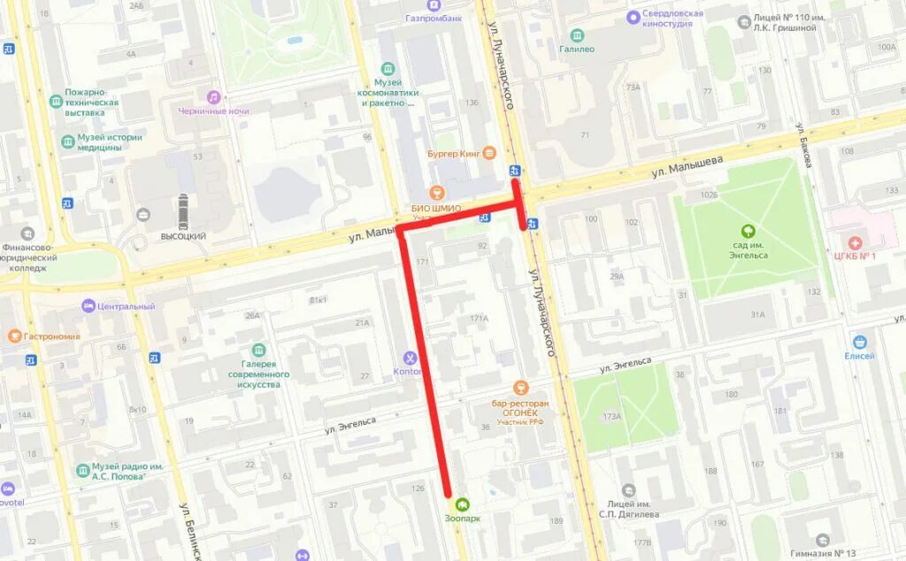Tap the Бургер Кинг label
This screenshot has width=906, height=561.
tap(454, 153)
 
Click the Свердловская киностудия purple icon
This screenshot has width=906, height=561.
tap(633, 17)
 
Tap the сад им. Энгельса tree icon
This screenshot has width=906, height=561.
tap(749, 232)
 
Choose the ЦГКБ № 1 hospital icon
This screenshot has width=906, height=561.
tap(854, 242)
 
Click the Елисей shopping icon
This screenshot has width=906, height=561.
tap(859, 342)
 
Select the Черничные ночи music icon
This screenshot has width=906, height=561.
tap(213, 97)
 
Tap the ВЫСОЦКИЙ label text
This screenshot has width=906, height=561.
tap(183, 236)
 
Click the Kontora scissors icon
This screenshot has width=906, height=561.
tap(411, 358)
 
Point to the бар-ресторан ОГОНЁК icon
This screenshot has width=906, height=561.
tap(520, 388)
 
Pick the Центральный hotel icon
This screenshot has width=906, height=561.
tap(88, 305)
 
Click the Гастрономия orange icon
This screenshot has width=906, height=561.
tap(14, 336)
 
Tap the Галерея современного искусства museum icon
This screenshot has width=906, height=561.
tap(258, 350)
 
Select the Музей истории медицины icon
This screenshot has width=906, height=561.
tap(67, 142)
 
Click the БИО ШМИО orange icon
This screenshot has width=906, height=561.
tap(434, 193)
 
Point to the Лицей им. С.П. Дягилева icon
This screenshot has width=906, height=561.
tap(628, 490)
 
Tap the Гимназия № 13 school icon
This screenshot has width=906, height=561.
tap(823, 540)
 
